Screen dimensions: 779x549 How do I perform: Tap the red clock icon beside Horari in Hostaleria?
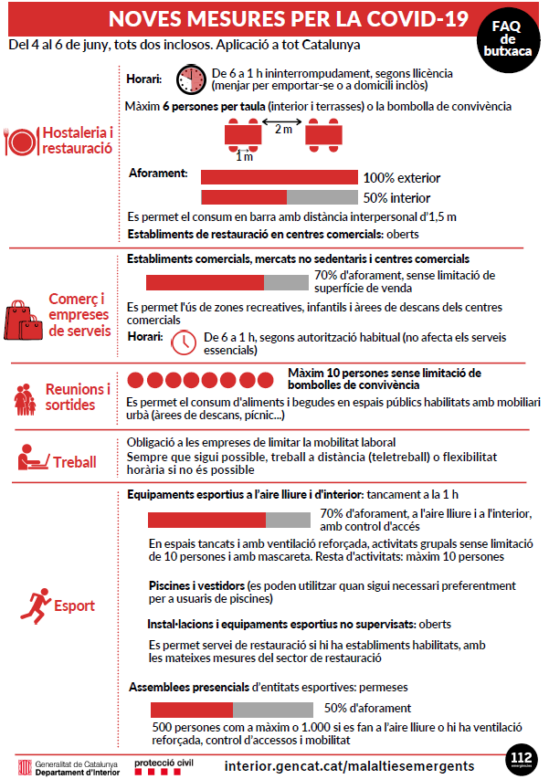tap(191, 79)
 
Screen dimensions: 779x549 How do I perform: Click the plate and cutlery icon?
tap(21, 141)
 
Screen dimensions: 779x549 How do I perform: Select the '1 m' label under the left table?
tap(244, 156)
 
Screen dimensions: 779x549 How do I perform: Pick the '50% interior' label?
tap(396, 197)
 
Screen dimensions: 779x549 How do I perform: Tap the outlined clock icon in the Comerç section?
tap(185, 342)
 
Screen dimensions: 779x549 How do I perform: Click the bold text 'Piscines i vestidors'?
tap(196, 584)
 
